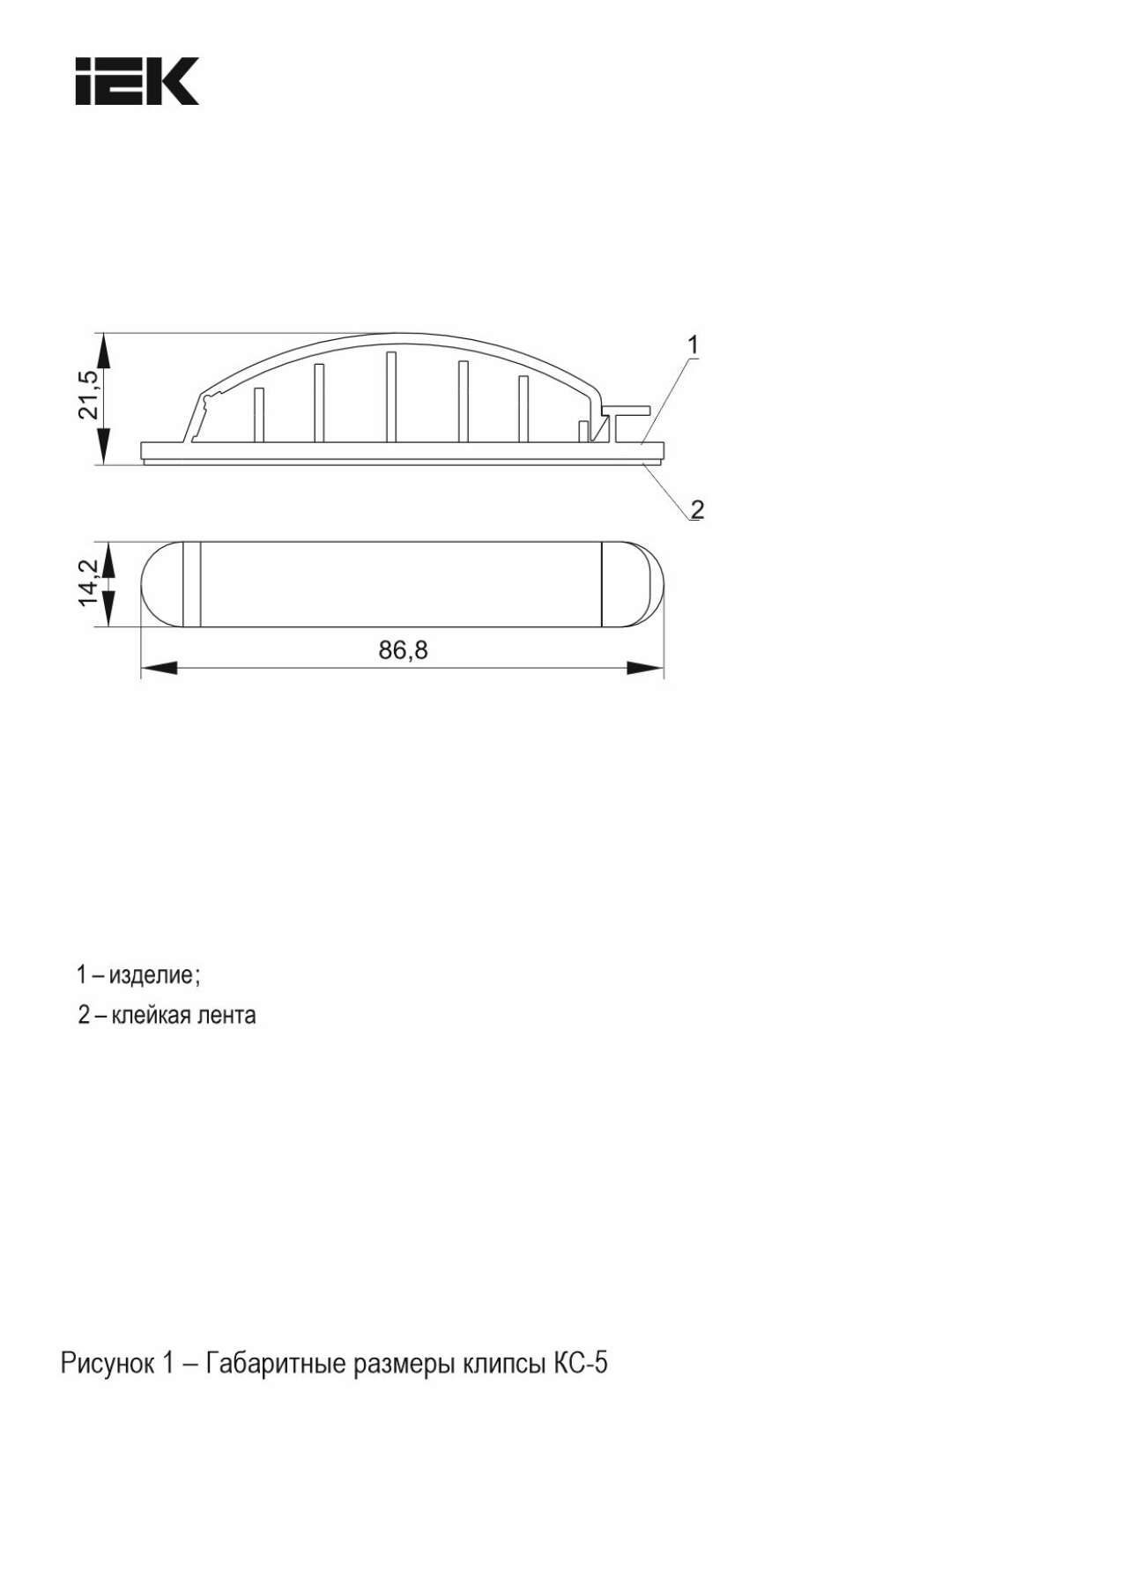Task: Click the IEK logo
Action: (x=137, y=82)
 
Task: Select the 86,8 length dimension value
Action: (x=403, y=650)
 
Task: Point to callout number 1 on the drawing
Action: (x=693, y=344)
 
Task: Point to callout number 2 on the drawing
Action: (x=697, y=508)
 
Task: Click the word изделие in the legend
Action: (x=159, y=975)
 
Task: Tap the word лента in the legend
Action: (x=230, y=1015)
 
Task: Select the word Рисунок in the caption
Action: (x=107, y=1363)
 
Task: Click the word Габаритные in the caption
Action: (x=276, y=1363)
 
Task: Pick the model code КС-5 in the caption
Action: (x=580, y=1363)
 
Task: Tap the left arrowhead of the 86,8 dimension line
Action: (x=159, y=669)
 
